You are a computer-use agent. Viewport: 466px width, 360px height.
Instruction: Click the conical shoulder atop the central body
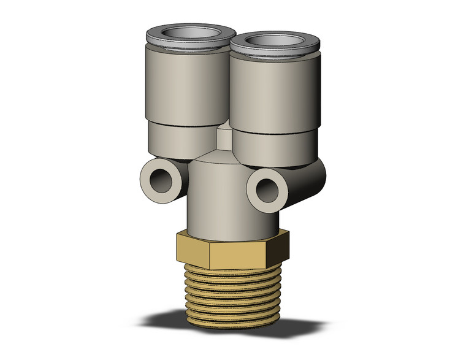(x=218, y=156)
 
